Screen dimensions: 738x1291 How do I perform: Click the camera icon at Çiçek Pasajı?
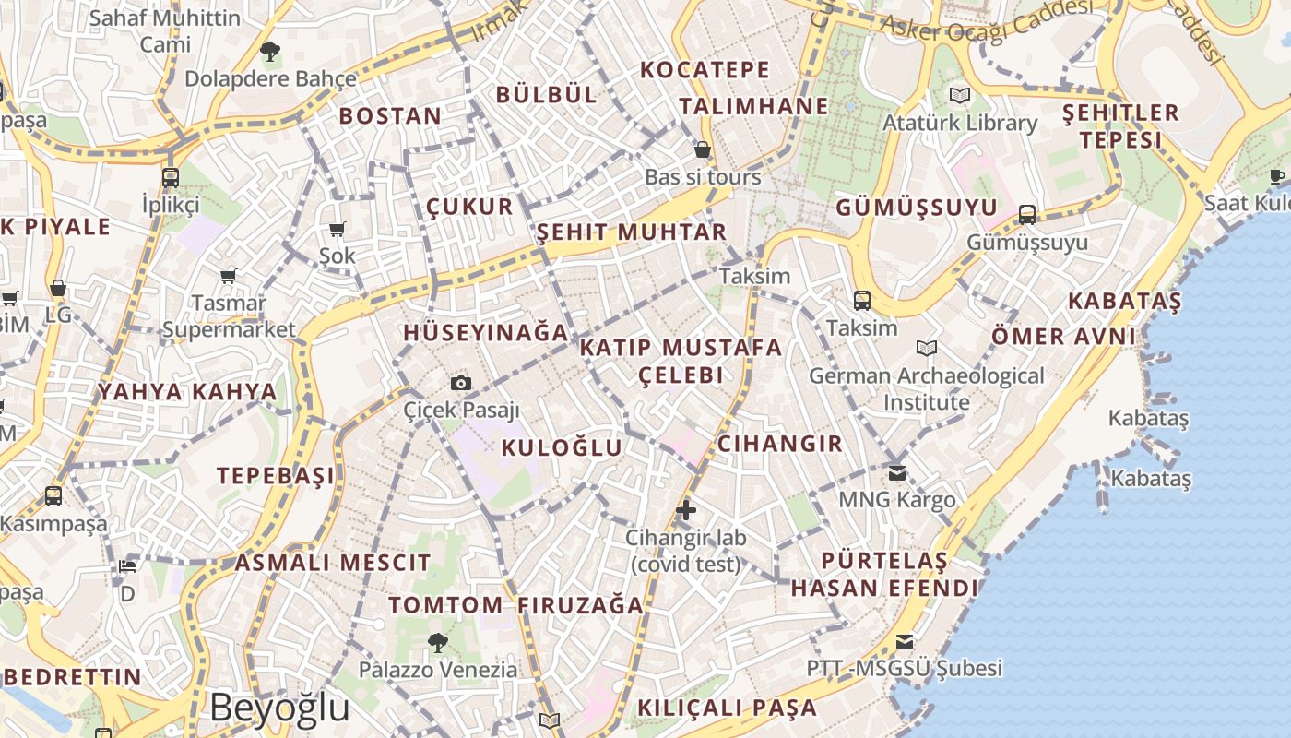[x=461, y=383]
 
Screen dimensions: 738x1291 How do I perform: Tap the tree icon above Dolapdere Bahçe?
[x=269, y=52]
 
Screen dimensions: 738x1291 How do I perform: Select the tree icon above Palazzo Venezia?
[x=438, y=642]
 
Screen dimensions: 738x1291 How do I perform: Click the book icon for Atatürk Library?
[x=960, y=95]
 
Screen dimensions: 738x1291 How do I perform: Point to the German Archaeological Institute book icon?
[x=927, y=348]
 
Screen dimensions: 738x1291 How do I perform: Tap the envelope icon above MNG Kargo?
[x=897, y=473]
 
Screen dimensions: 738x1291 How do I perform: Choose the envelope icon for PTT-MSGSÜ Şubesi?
[x=905, y=641]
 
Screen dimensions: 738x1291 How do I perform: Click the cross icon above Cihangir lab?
[x=685, y=509]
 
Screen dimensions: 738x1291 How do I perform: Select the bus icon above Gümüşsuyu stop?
[x=1027, y=215]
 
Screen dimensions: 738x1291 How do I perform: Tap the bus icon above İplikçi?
[x=171, y=177]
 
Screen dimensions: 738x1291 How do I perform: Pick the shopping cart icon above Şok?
[x=337, y=229]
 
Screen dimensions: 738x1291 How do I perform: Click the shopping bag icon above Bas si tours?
[x=703, y=149]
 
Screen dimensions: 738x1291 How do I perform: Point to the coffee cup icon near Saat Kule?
[x=1277, y=176]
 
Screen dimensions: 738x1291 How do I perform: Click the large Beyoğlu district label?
[x=279, y=708]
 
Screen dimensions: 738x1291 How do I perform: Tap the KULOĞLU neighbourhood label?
[x=562, y=448]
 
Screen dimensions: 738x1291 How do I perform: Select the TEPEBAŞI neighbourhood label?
[x=276, y=476]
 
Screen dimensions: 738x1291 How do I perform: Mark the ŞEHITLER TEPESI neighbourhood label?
[x=1120, y=126]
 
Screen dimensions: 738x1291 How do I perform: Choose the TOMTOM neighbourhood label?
[x=445, y=606]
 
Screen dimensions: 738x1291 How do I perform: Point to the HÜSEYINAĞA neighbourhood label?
[x=485, y=333]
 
